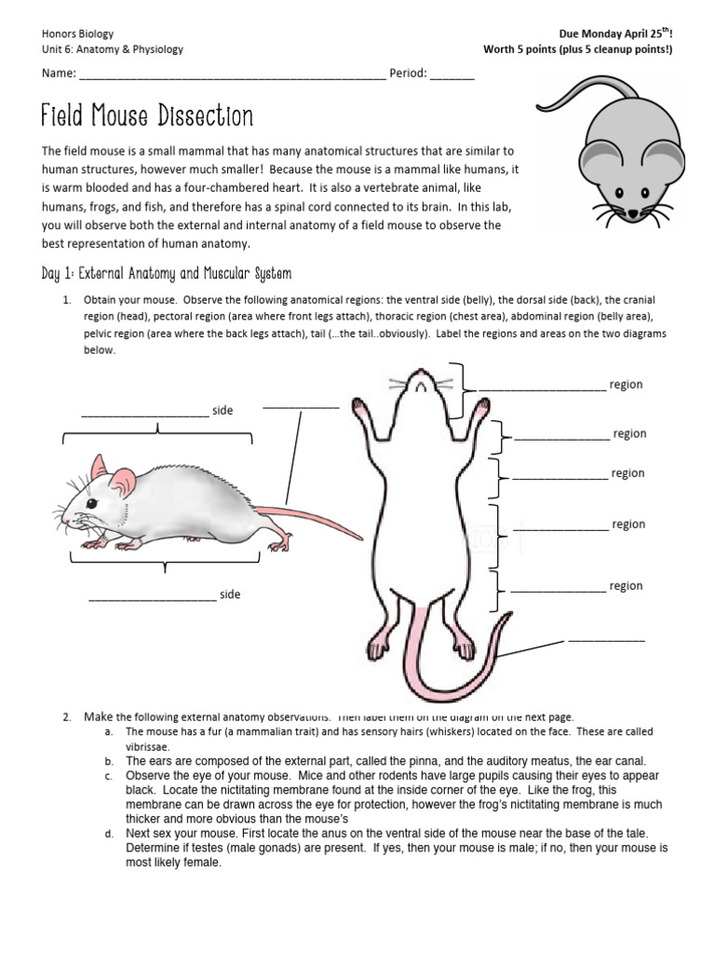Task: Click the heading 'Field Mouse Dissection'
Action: point(147,116)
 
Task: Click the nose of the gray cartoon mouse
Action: point(633,215)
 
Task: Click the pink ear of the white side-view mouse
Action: point(122,482)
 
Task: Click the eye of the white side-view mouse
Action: point(91,503)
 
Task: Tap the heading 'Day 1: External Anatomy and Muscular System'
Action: point(167,273)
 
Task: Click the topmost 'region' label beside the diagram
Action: point(626,385)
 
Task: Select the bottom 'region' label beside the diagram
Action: point(626,586)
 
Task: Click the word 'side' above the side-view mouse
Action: point(223,411)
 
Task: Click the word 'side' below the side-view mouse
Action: point(229,594)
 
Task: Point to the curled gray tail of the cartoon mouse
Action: point(577,93)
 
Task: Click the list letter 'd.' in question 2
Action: point(109,833)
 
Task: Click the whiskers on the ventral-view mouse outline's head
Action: point(398,382)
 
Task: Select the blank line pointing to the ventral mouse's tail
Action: point(606,640)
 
